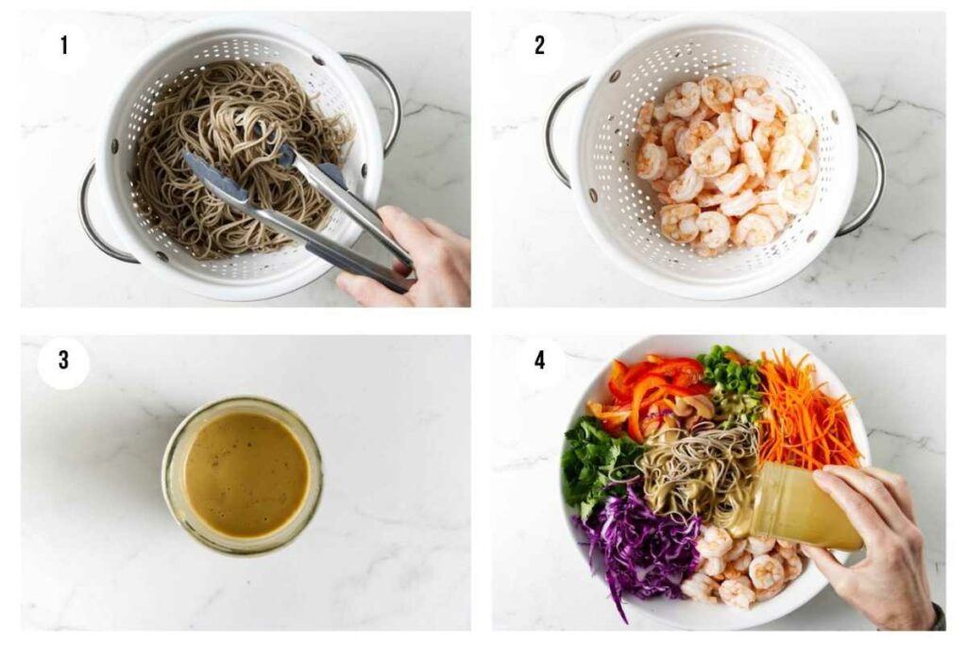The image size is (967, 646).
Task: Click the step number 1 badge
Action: pos(63,44)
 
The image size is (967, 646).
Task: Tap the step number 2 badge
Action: pos(539,44)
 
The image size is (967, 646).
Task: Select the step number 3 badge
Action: pos(63,363)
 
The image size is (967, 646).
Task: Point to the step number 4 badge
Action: pos(539,363)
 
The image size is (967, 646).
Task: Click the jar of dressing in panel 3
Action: pos(243,474)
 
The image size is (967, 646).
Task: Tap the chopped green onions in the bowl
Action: pos(729,373)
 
